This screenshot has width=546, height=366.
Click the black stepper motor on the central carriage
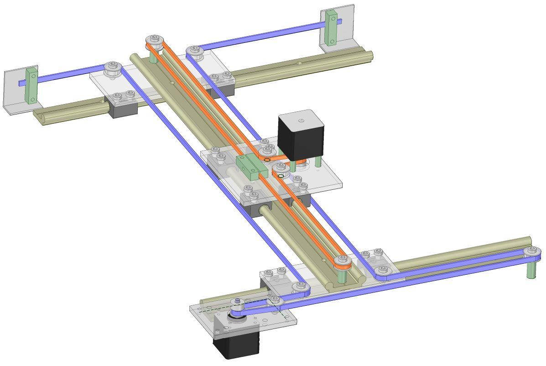pos(301,137)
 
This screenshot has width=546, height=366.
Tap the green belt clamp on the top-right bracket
pos(332,27)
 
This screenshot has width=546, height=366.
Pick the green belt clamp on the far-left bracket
pos(31,85)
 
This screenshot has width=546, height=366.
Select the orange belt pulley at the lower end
pos(342,262)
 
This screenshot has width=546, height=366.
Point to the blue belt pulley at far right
pos(532,251)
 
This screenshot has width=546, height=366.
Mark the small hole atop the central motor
pos(301,121)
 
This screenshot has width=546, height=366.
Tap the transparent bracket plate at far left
pos(14,91)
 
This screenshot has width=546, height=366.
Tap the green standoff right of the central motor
pos(318,162)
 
